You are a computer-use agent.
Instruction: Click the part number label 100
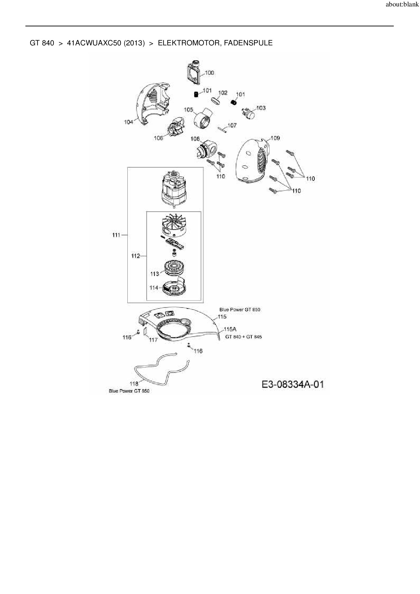[210, 72]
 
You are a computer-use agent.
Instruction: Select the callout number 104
[129, 122]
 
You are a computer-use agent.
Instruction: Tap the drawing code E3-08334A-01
[293, 384]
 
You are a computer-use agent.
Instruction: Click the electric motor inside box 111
[174, 188]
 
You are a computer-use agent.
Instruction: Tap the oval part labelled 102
[216, 101]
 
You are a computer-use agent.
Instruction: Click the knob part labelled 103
[249, 113]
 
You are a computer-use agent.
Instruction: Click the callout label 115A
[230, 329]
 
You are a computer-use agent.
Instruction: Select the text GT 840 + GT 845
[243, 337]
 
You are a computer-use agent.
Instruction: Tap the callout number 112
[135, 256]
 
